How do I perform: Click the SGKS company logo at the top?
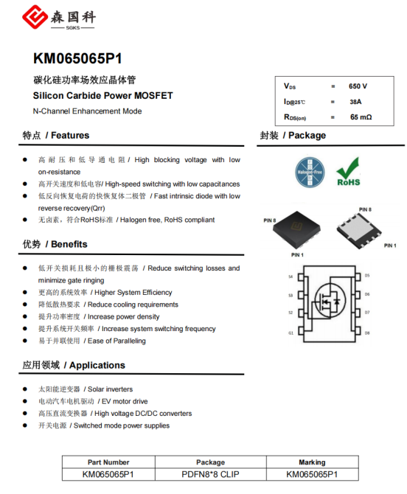(62, 17)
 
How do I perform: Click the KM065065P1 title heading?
(77, 59)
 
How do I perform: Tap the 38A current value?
(355, 102)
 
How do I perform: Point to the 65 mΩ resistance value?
(361, 117)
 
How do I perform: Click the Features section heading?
(56, 136)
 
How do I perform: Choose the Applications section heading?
(74, 365)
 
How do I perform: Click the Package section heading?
(293, 136)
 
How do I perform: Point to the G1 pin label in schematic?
(291, 333)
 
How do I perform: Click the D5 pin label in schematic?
(366, 276)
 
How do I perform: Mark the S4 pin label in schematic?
(291, 276)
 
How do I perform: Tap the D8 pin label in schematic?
(366, 333)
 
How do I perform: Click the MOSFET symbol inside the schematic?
(329, 302)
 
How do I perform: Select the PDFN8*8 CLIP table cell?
(211, 474)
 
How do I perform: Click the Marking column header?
(312, 462)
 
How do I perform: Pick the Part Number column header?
(108, 462)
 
